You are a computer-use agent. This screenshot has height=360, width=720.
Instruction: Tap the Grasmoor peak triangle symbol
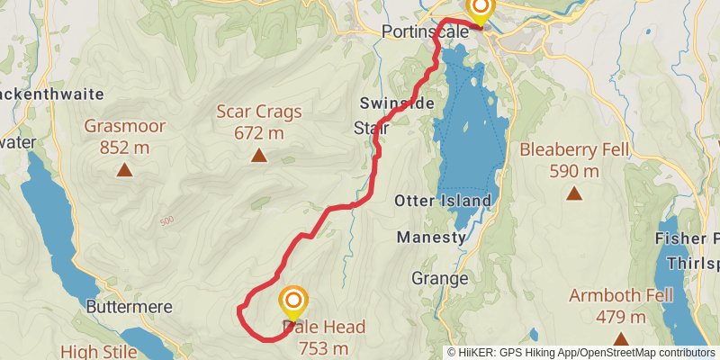pyautogui.click(x=124, y=168)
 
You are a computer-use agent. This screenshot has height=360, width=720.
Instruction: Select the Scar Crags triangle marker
pyautogui.click(x=259, y=156)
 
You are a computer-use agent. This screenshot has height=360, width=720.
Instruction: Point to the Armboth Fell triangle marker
pyautogui.click(x=620, y=338)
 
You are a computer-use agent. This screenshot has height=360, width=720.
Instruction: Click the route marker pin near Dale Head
pyautogui.click(x=293, y=301)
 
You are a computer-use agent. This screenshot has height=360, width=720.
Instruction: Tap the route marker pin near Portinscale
pyautogui.click(x=480, y=9)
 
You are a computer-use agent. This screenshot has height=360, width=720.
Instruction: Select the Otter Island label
pyautogui.click(x=443, y=201)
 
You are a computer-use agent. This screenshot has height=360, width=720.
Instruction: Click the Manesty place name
pyautogui.click(x=432, y=238)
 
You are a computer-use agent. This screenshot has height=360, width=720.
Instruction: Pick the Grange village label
pyautogui.click(x=440, y=278)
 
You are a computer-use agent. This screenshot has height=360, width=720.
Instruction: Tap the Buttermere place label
pyautogui.click(x=129, y=307)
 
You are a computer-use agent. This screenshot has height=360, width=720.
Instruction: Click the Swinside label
pyautogui.click(x=396, y=103)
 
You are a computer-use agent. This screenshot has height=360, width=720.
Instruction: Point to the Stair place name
pyautogui.click(x=372, y=128)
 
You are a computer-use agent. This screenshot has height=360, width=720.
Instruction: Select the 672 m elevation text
pyautogui.click(x=259, y=133)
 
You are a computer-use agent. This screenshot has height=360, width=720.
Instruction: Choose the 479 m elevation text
pyautogui.click(x=620, y=317)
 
